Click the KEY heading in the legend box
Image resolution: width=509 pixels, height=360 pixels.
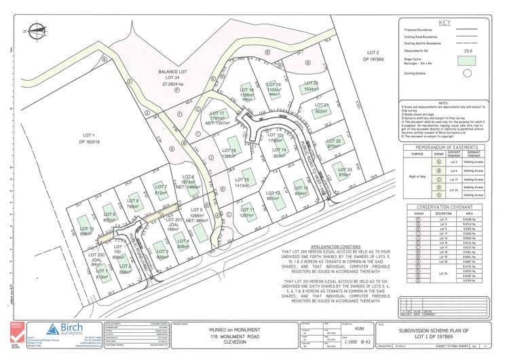[x=445, y=23]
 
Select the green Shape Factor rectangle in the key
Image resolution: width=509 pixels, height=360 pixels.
[x=467, y=59]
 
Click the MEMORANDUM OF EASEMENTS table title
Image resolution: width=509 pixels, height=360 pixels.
[x=445, y=147]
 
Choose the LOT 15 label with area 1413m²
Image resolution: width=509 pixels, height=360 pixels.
[x=242, y=181]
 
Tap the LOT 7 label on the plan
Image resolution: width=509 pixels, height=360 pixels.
[x=161, y=190]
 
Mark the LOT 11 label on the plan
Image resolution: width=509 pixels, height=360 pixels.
[x=246, y=211]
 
